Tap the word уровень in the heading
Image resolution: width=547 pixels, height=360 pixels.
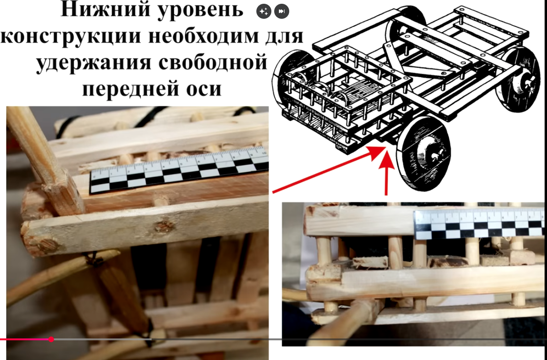pyautogui.click(x=200, y=11)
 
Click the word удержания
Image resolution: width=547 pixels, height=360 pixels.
pyautogui.click(x=94, y=63)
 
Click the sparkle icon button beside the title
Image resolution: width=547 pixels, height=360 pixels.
pyautogui.click(x=264, y=12)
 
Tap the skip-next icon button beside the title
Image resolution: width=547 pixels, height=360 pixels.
pyautogui.click(x=282, y=12)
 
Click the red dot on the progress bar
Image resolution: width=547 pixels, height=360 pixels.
pyautogui.click(x=51, y=339)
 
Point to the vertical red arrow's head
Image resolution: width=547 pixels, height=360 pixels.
pyautogui.click(x=386, y=160)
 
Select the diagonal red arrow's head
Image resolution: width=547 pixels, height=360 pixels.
pyautogui.click(x=377, y=153)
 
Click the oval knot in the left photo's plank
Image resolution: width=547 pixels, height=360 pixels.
pyautogui.click(x=164, y=227)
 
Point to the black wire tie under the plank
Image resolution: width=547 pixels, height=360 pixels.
pyautogui.click(x=93, y=259)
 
